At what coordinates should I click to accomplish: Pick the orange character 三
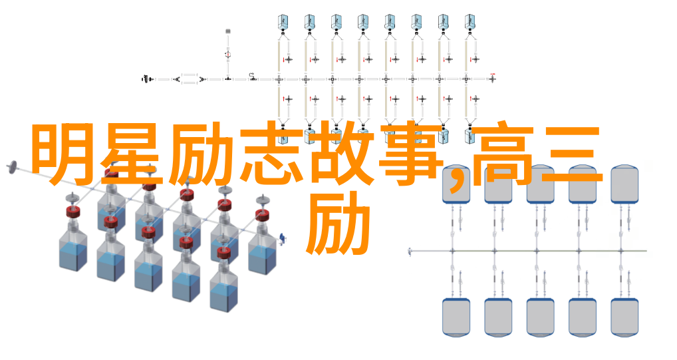pyautogui.click(x=573, y=155)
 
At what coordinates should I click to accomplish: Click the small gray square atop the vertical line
pyautogui.click(x=228, y=31)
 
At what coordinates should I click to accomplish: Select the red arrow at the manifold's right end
pyautogui.click(x=493, y=75)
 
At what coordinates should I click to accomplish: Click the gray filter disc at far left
pyautogui.click(x=12, y=167)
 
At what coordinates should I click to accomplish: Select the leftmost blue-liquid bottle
pyautogui.click(x=73, y=252)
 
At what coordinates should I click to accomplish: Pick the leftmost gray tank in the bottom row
pyautogui.click(x=456, y=317)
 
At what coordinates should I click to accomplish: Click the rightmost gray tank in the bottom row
pyautogui.click(x=624, y=317)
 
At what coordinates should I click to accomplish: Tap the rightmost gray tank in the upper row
pyautogui.click(x=624, y=184)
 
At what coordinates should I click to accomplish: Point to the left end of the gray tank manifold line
pyautogui.click(x=409, y=251)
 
